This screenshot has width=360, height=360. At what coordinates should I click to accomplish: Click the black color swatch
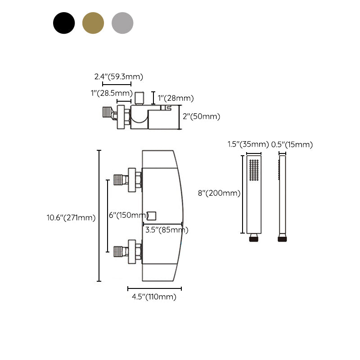coord(64,22)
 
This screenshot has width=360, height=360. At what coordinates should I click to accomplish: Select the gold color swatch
coord(93,22)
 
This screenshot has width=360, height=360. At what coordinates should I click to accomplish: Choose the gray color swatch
coord(122,22)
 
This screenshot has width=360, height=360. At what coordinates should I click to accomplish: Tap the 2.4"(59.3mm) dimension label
coord(119,76)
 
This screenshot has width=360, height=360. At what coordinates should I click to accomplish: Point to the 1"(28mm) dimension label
coord(176,98)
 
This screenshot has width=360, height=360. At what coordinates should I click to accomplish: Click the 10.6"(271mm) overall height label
coord(71,218)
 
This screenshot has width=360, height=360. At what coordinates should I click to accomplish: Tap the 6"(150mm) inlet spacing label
coord(129,216)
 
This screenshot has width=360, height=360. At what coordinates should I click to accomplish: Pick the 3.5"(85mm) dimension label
coord(166,230)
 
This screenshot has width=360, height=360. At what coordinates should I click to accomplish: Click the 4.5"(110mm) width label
coord(154,297)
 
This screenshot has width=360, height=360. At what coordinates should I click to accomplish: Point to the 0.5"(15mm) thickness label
coord(292,144)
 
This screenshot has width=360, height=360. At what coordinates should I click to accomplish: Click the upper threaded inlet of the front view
coord(119,179)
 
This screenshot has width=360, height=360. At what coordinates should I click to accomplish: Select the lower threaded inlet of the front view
coord(119,251)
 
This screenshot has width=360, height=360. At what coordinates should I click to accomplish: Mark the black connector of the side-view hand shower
coord(283,238)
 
